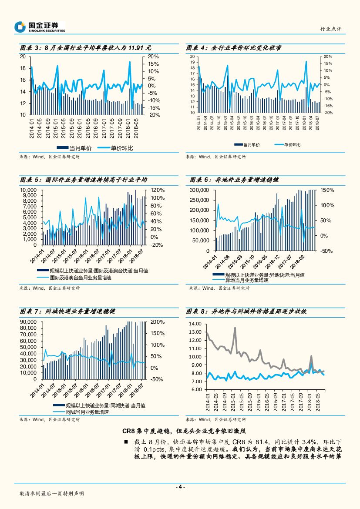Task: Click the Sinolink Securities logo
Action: click(x=39, y=27)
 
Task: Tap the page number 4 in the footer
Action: click(x=180, y=487)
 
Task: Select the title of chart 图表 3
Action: click(x=85, y=48)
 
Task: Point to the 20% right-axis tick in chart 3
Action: click(x=153, y=57)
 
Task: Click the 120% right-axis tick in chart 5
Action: click(x=157, y=190)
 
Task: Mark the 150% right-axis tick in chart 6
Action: click(x=327, y=190)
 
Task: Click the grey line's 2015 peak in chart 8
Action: click(x=235, y=328)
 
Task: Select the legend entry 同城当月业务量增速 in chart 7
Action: click(x=87, y=412)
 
